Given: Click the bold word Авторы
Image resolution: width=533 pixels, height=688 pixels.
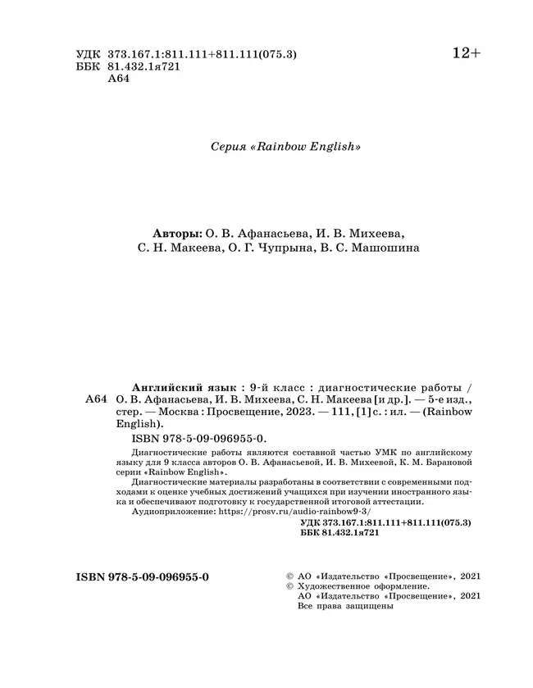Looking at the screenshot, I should coord(182,232).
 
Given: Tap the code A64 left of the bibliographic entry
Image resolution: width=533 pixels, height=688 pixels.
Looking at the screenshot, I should coord(96,399).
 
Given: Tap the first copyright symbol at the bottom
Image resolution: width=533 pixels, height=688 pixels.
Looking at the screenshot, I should coord(288,577).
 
